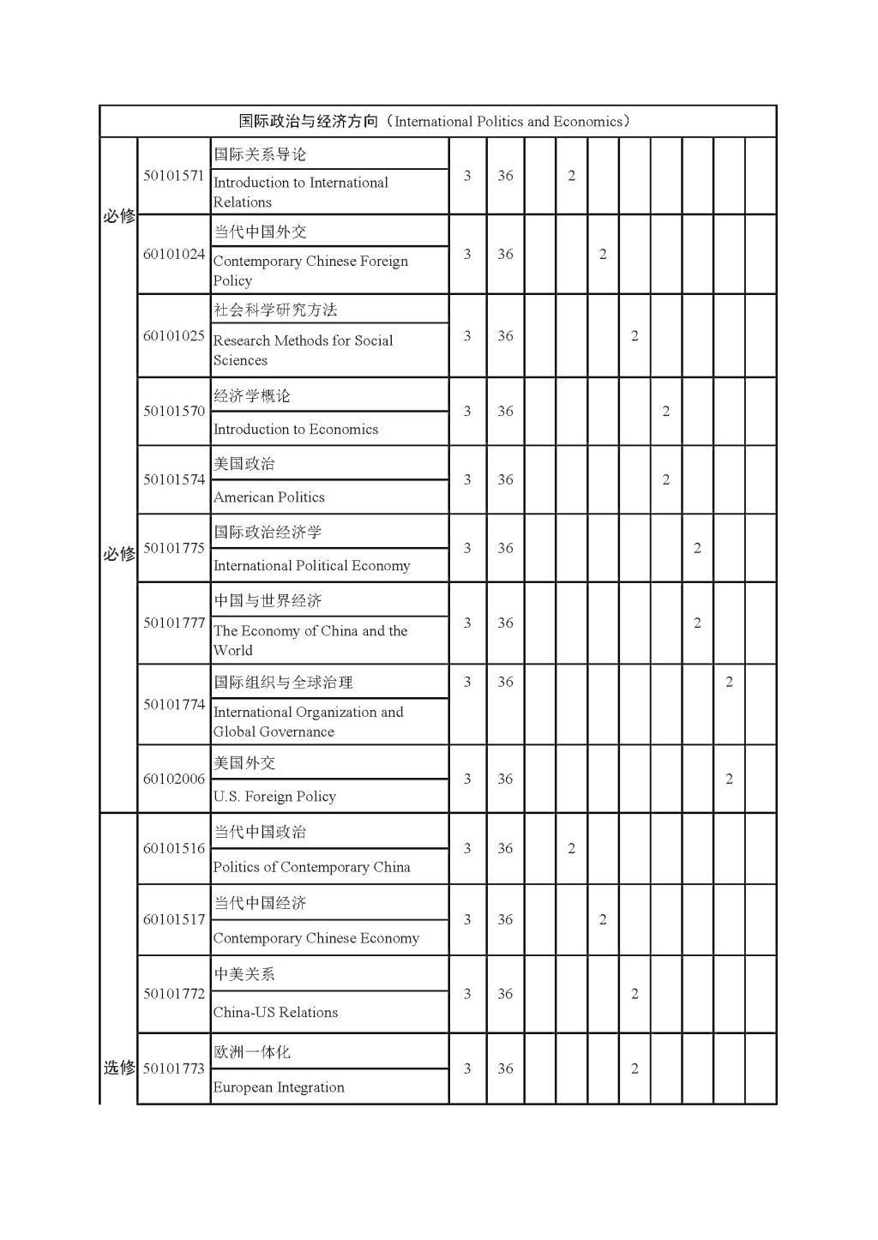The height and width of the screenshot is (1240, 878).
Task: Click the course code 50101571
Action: coord(173,176)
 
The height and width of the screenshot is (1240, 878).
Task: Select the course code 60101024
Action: coord(173,254)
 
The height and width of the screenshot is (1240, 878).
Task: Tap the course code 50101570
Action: coord(173,411)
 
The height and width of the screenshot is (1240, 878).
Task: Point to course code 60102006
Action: coord(173,779)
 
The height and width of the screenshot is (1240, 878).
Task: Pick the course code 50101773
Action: coord(173,1068)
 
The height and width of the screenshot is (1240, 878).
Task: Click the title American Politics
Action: coord(269,497)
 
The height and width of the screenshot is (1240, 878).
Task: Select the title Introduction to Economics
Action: coord(296,430)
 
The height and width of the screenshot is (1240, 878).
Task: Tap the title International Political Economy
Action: coord(312,566)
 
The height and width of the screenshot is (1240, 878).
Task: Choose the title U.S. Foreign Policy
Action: coord(274,797)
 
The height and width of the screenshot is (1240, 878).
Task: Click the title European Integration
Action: coord(279,1087)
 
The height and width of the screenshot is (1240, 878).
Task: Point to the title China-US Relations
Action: coord(275,1013)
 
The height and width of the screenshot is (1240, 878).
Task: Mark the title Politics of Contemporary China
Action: coord(312,867)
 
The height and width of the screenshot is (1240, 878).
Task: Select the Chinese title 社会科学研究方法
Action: coord(275,310)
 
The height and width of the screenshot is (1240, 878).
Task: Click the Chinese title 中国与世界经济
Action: coord(268,600)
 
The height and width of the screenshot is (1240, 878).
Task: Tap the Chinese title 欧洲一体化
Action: coord(252,1052)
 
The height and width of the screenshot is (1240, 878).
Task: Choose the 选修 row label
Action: coord(119,1068)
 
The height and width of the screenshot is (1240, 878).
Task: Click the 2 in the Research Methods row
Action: coord(634,336)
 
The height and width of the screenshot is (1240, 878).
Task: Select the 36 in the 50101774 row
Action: coord(505,683)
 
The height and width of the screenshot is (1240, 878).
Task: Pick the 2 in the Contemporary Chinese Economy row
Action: coord(603,919)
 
